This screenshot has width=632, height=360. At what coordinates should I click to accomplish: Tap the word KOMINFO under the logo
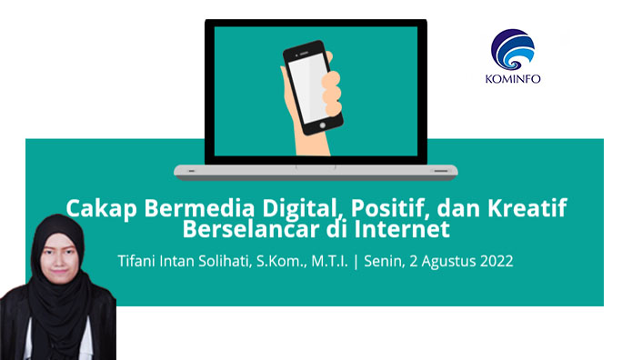(x=514, y=78)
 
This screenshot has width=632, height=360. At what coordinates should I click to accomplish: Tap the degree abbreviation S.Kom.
(x=294, y=261)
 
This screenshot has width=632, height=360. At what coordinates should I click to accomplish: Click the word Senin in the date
(x=390, y=261)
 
